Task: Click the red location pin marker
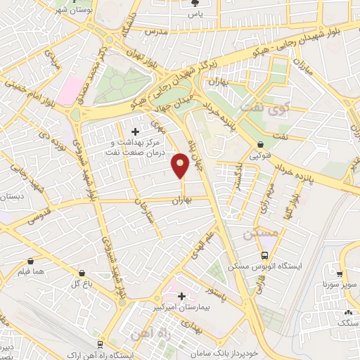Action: [180, 167]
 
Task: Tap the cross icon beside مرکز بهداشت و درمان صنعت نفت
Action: [136, 131]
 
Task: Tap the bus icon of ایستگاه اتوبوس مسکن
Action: [264, 255]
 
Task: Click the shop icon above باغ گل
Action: [82, 273]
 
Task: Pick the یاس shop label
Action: [199, 13]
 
